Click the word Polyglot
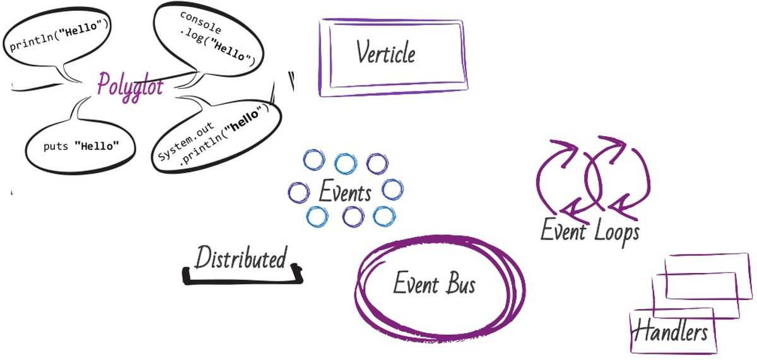129,84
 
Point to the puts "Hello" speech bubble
81,146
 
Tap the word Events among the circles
344,192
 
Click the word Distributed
240,258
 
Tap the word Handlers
669,332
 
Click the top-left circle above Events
314,160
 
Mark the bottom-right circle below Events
384,216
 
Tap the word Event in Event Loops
564,231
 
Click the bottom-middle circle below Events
353,218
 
